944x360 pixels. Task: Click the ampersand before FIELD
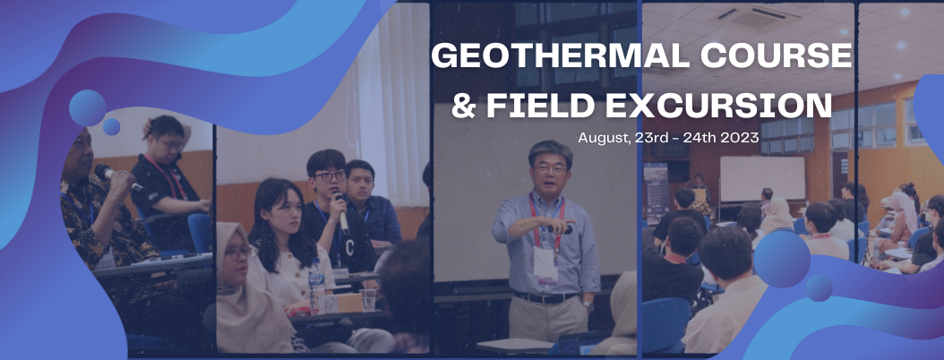click(464, 105)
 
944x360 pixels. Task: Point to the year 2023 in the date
click(742, 137)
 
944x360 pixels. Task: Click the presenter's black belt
click(545, 297)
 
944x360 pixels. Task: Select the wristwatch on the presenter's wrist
click(588, 306)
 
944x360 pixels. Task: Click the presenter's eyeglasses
click(549, 169)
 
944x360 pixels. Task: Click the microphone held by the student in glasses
click(341, 214)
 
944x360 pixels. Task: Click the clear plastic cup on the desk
click(368, 299)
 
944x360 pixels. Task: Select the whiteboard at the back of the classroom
click(762, 179)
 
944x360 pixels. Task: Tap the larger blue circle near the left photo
click(87, 107)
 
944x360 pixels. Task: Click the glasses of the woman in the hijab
click(237, 253)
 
